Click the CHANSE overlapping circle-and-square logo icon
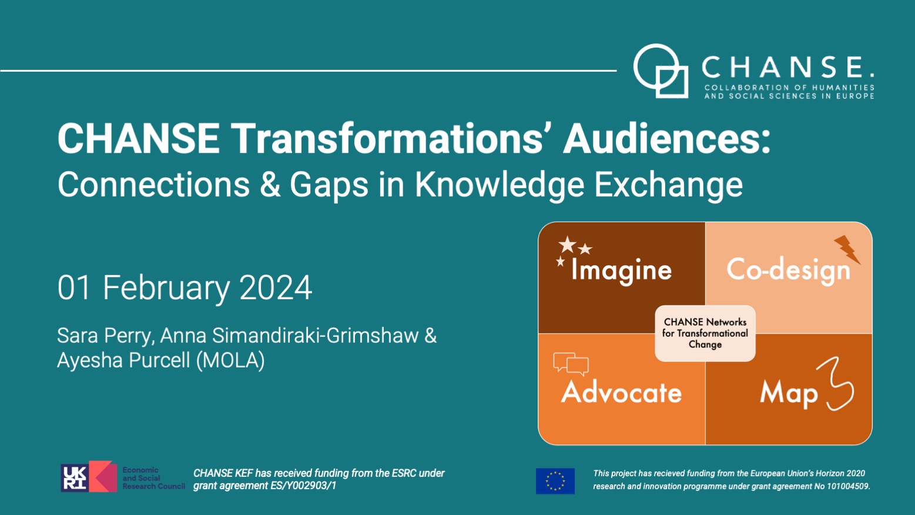[661, 71]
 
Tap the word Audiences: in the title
[666, 139]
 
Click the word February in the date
[166, 288]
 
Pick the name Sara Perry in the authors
[105, 336]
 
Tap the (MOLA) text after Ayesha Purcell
[230, 360]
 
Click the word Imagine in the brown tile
[621, 270]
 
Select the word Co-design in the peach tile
[788, 270]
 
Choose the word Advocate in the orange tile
[621, 392]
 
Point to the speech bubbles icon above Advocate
[571, 364]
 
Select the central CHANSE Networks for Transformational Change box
[705, 333]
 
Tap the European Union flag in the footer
[555, 480]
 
